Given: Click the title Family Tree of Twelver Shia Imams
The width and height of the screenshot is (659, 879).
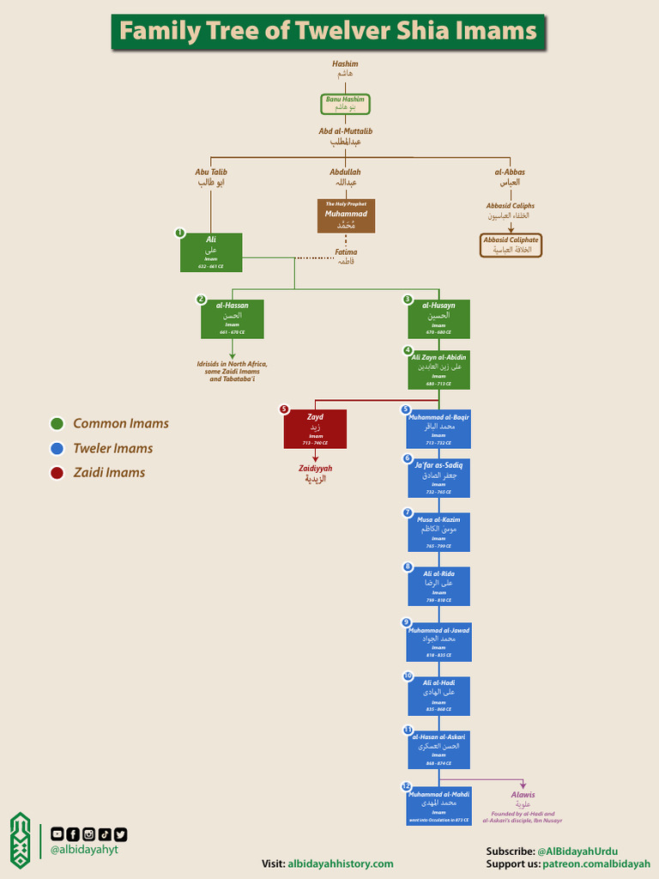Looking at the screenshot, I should (x=328, y=32).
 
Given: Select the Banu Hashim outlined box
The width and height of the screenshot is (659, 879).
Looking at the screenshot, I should (x=345, y=104).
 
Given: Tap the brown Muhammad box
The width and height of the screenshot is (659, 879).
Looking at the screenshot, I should (x=346, y=215).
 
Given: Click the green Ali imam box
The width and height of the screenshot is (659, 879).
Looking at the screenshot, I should (x=211, y=252).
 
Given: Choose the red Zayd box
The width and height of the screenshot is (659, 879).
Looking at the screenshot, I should (x=315, y=428).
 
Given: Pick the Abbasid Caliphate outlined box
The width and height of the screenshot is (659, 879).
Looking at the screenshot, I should (x=511, y=245).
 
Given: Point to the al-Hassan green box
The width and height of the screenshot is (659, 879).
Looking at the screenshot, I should (x=232, y=318).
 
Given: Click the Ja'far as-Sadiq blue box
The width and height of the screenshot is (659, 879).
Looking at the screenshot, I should (x=438, y=477).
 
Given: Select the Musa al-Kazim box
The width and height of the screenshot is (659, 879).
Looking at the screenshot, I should (x=438, y=532).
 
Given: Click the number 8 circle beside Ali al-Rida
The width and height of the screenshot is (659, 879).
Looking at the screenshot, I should (x=408, y=567).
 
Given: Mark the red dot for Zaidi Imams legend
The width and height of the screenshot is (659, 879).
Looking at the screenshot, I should (x=57, y=473).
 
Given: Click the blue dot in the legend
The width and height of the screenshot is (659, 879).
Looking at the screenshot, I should (x=57, y=448).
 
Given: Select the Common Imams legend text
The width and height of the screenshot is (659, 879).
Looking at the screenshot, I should (x=121, y=423).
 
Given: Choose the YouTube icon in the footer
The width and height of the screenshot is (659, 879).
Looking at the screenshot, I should (x=57, y=834).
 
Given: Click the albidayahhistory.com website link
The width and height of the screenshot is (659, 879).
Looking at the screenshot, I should (x=340, y=864).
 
